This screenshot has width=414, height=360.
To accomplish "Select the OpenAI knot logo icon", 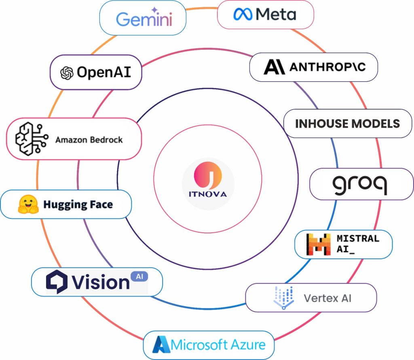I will (67, 73).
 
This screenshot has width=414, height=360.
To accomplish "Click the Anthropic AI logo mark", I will (274, 67).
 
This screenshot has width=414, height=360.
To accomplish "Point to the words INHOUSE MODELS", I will (347, 123).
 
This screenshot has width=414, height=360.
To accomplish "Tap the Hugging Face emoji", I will (28, 204).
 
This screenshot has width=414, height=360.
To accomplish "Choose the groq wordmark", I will (359, 184).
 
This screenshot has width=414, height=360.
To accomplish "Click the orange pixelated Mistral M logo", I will (318, 244).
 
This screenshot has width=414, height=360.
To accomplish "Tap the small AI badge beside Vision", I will (139, 277).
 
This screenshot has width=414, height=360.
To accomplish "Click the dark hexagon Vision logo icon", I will (57, 281).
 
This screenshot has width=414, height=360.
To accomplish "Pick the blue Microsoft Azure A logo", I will (162, 345).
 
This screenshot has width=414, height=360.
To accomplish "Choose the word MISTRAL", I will (358, 238).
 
